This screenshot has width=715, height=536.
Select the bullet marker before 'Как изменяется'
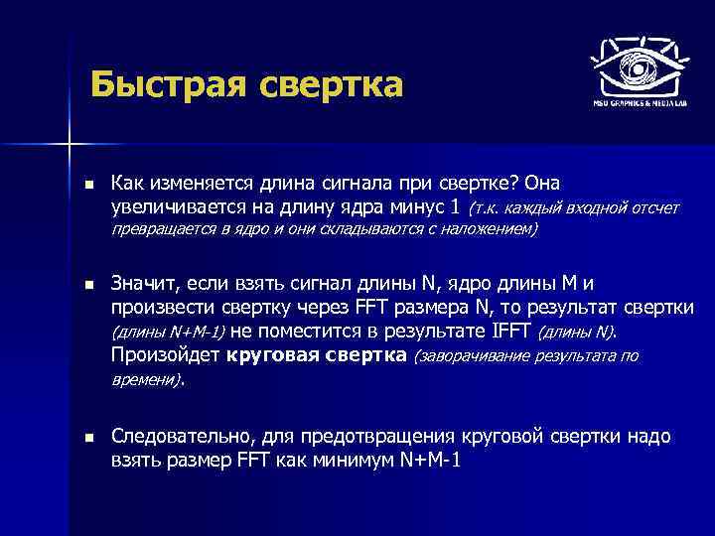[87, 186]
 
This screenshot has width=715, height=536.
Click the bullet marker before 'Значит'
[87, 284]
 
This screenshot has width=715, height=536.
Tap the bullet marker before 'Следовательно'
[87, 438]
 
